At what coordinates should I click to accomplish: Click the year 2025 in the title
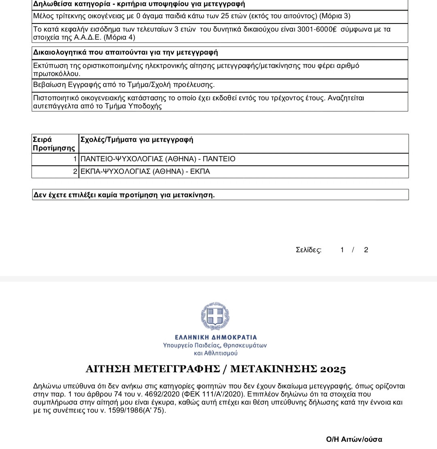pyautogui.click(x=333, y=369)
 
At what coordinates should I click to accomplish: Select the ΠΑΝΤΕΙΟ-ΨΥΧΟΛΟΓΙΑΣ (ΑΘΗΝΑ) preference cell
pyautogui.click(x=158, y=159)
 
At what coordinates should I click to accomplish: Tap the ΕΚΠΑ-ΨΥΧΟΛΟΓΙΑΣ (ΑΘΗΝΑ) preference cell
pyautogui.click(x=145, y=172)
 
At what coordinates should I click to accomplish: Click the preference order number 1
pyautogui.click(x=75, y=159)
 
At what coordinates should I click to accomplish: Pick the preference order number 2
pyautogui.click(x=75, y=172)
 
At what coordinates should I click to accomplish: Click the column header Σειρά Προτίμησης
pyautogui.click(x=54, y=144)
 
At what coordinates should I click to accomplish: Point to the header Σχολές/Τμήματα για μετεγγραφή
pyautogui.click(x=137, y=140)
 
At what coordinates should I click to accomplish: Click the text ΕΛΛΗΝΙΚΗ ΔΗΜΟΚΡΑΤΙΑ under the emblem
pyautogui.click(x=216, y=337)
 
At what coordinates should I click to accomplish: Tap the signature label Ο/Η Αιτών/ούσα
pyautogui.click(x=354, y=439)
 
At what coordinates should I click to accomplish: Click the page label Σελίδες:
pyautogui.click(x=309, y=250)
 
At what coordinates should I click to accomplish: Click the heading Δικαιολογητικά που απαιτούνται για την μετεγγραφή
pyautogui.click(x=125, y=53)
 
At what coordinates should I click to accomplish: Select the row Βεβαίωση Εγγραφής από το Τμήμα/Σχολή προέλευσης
pyautogui.click(x=124, y=85)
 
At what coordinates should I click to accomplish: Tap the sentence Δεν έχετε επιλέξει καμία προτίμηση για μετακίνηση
pyautogui.click(x=124, y=195)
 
